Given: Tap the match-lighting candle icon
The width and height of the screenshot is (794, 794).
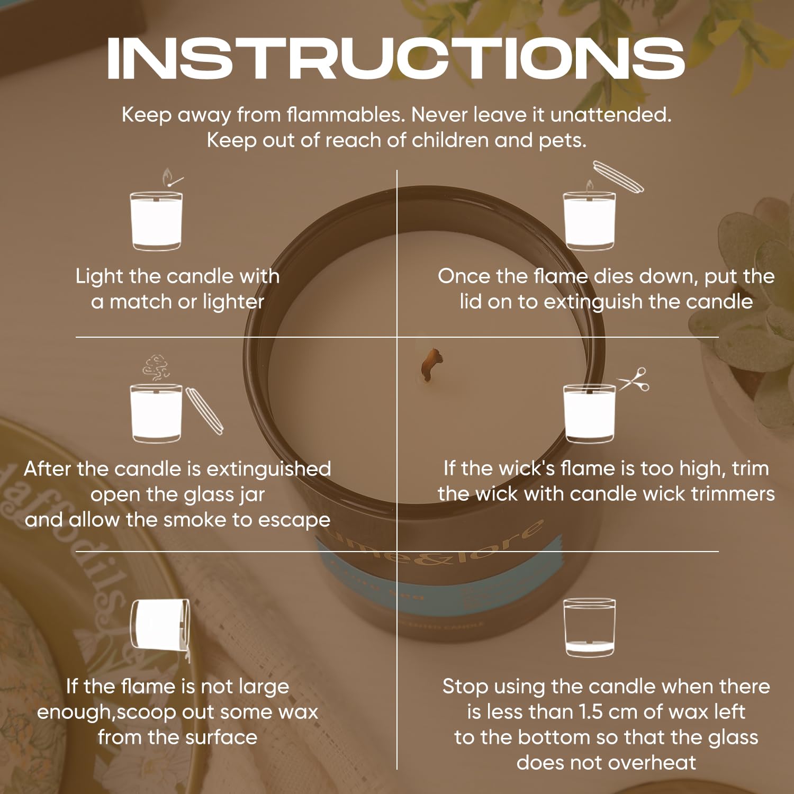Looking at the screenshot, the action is (x=157, y=210).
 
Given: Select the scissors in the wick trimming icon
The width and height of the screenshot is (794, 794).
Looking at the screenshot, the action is (x=634, y=379).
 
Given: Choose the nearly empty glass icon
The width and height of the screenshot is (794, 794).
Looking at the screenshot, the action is (x=589, y=627).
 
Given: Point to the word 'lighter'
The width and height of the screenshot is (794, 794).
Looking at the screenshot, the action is (x=233, y=302).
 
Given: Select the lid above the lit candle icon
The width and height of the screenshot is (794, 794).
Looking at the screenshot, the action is (x=618, y=176).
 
